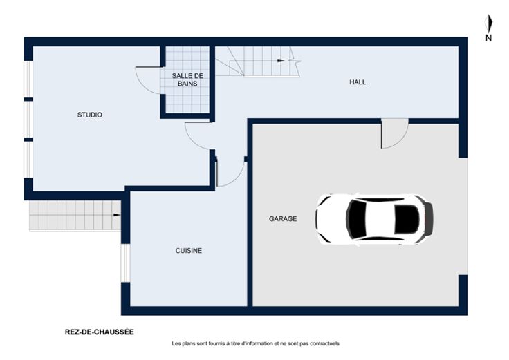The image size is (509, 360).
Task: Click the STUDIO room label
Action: click(90, 115)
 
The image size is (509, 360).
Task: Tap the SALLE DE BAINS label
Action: click(187, 79)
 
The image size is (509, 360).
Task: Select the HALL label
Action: click(358, 82)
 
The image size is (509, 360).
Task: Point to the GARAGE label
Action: click(283, 219)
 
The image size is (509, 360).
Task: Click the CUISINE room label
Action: click(189, 251)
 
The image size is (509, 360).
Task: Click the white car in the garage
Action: click(374, 219)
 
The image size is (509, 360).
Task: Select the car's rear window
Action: click(406, 219)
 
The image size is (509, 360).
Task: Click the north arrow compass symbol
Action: click(489, 23)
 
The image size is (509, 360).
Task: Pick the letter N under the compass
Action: click(488, 38)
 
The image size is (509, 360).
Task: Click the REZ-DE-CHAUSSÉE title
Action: click(100, 332)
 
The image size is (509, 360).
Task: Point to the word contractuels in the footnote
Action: click(324, 343)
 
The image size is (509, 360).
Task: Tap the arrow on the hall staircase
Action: click(281, 61)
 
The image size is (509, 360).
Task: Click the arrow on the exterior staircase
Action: click(117, 215)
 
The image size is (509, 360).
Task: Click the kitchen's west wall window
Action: click(125, 263)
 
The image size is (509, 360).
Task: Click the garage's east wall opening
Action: click(463, 216)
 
